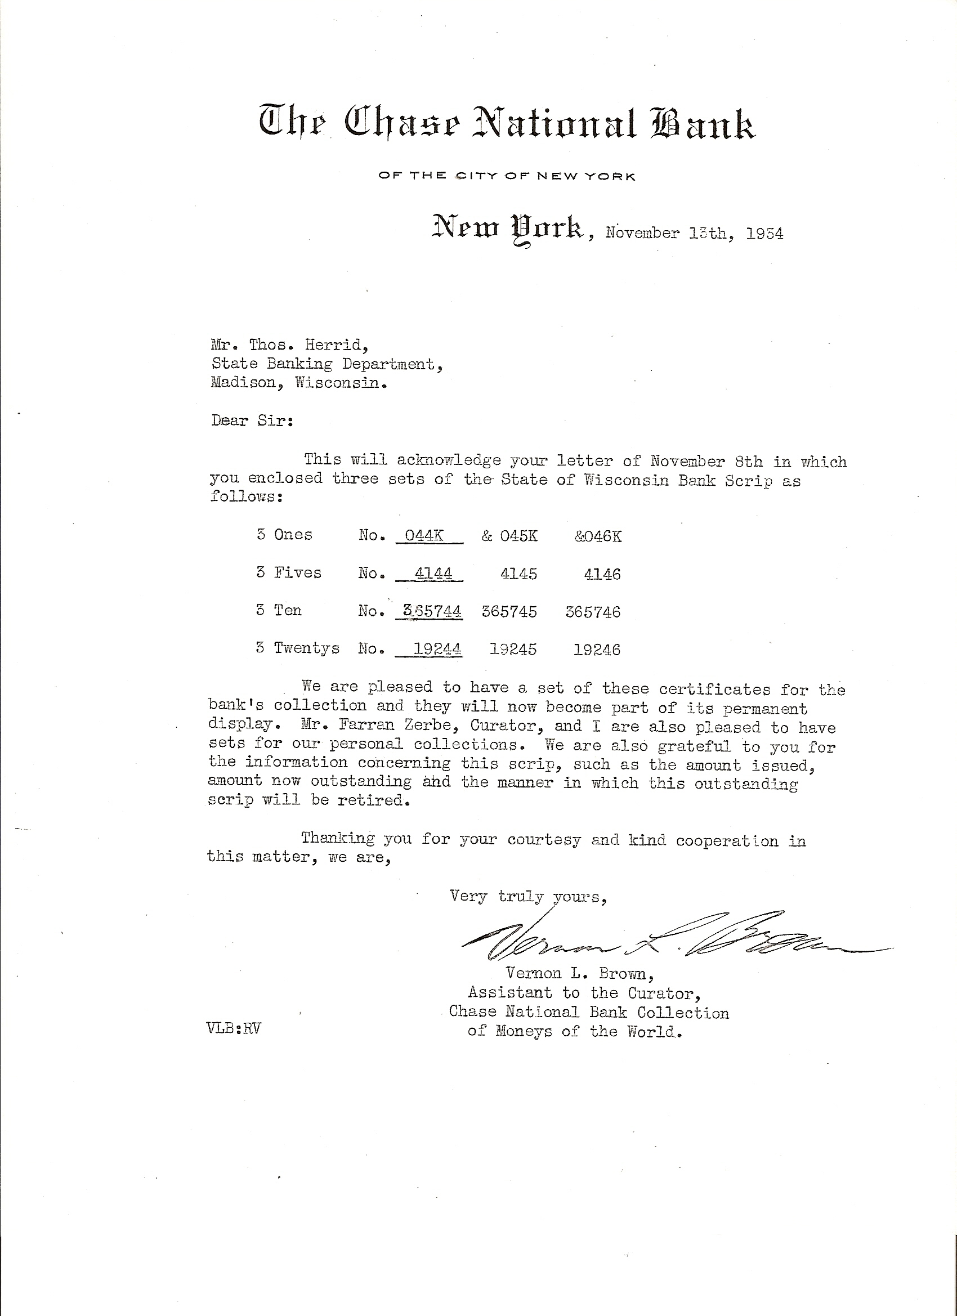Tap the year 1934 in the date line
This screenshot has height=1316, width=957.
764,234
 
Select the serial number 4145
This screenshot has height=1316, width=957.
519,574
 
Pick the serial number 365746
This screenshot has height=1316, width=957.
593,612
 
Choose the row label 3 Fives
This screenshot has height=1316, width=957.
289,572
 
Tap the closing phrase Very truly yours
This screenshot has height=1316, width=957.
527,897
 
